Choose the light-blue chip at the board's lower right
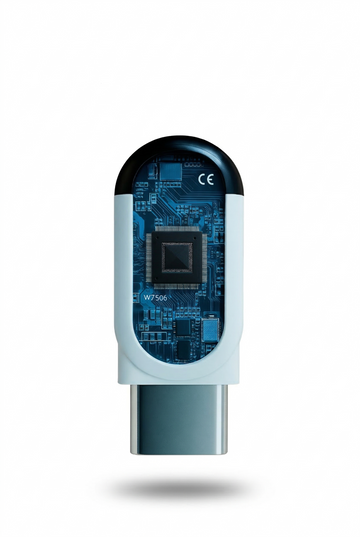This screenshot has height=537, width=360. (212, 328)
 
